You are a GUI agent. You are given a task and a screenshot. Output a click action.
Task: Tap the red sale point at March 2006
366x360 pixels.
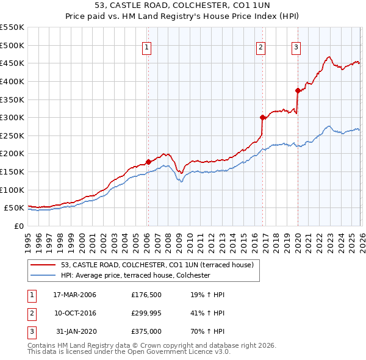click(148, 162)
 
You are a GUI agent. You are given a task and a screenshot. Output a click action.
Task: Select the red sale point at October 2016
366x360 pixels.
click(262, 118)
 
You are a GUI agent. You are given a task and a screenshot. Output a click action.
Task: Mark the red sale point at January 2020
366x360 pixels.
click(298, 90)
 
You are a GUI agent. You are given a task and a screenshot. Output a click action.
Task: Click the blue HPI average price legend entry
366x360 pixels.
click(135, 276)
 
